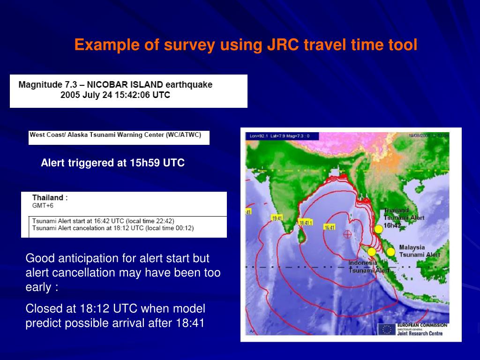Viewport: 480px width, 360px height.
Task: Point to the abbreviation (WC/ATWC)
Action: pos(184,135)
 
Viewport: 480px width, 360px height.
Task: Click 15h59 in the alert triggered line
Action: pos(145,163)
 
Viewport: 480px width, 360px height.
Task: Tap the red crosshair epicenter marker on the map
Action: pos(347,234)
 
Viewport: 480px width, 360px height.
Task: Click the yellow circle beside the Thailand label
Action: pos(378,229)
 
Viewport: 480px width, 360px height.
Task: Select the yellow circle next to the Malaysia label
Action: pos(390,252)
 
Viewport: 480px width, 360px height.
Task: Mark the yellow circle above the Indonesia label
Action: pos(372,252)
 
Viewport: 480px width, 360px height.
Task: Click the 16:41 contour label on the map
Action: pos(330,227)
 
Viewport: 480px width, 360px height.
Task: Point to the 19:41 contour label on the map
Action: pos(277,218)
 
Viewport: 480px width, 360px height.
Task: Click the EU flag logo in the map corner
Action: pos(387,329)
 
